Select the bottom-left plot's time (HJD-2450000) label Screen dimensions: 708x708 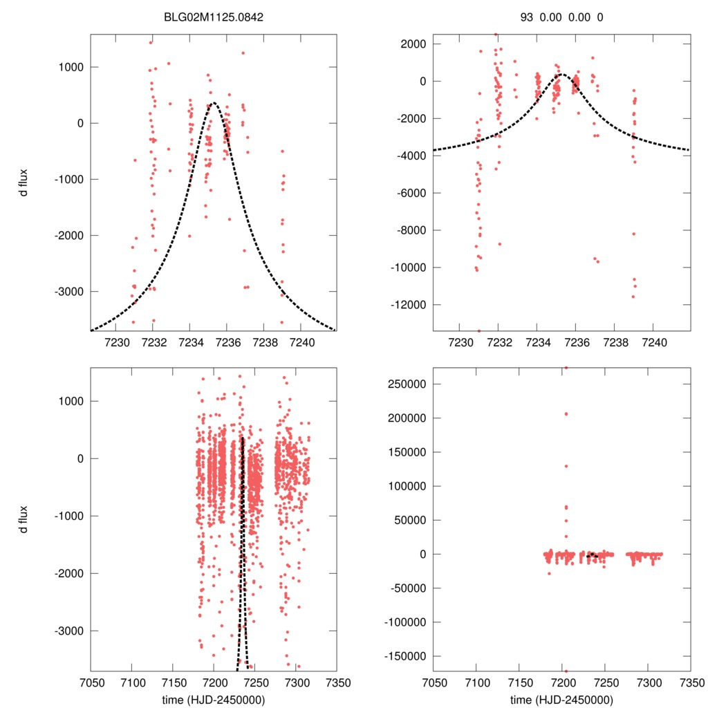[214, 699]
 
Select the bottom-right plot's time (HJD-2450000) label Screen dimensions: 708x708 [561, 699]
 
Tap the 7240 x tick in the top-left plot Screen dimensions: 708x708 [301, 342]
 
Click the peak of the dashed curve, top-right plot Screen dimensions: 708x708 [561, 74]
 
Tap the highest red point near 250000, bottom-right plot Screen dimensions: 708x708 [566, 368]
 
